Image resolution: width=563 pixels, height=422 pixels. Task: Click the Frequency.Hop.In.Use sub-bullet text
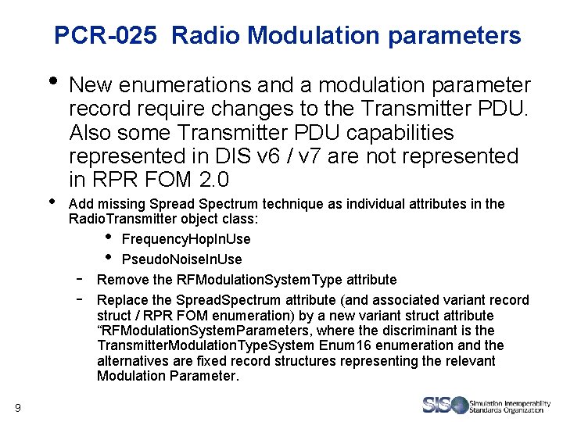[x=186, y=239]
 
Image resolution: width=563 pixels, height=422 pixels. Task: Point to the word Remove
[x=119, y=280]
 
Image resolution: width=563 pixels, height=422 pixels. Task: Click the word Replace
[x=121, y=300]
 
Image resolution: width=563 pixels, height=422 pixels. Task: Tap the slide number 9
[x=18, y=406]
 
